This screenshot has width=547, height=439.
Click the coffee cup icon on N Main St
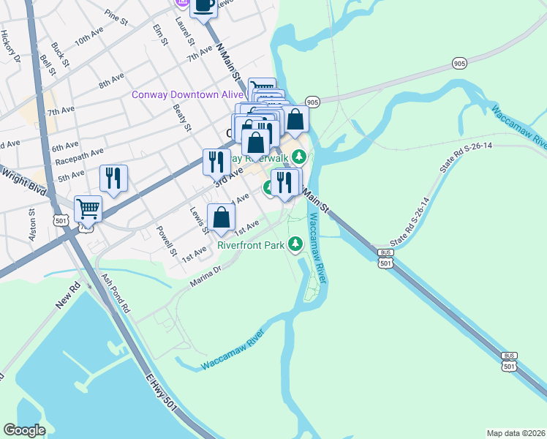pos(203,6)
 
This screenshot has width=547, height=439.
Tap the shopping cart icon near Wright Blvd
pos(88,209)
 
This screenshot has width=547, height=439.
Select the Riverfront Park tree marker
pos(295,244)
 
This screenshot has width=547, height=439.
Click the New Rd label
pos(67,296)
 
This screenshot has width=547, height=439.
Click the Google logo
pos(24,430)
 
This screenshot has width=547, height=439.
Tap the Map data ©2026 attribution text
pos(516,432)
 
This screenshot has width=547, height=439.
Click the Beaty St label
pos(182,117)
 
